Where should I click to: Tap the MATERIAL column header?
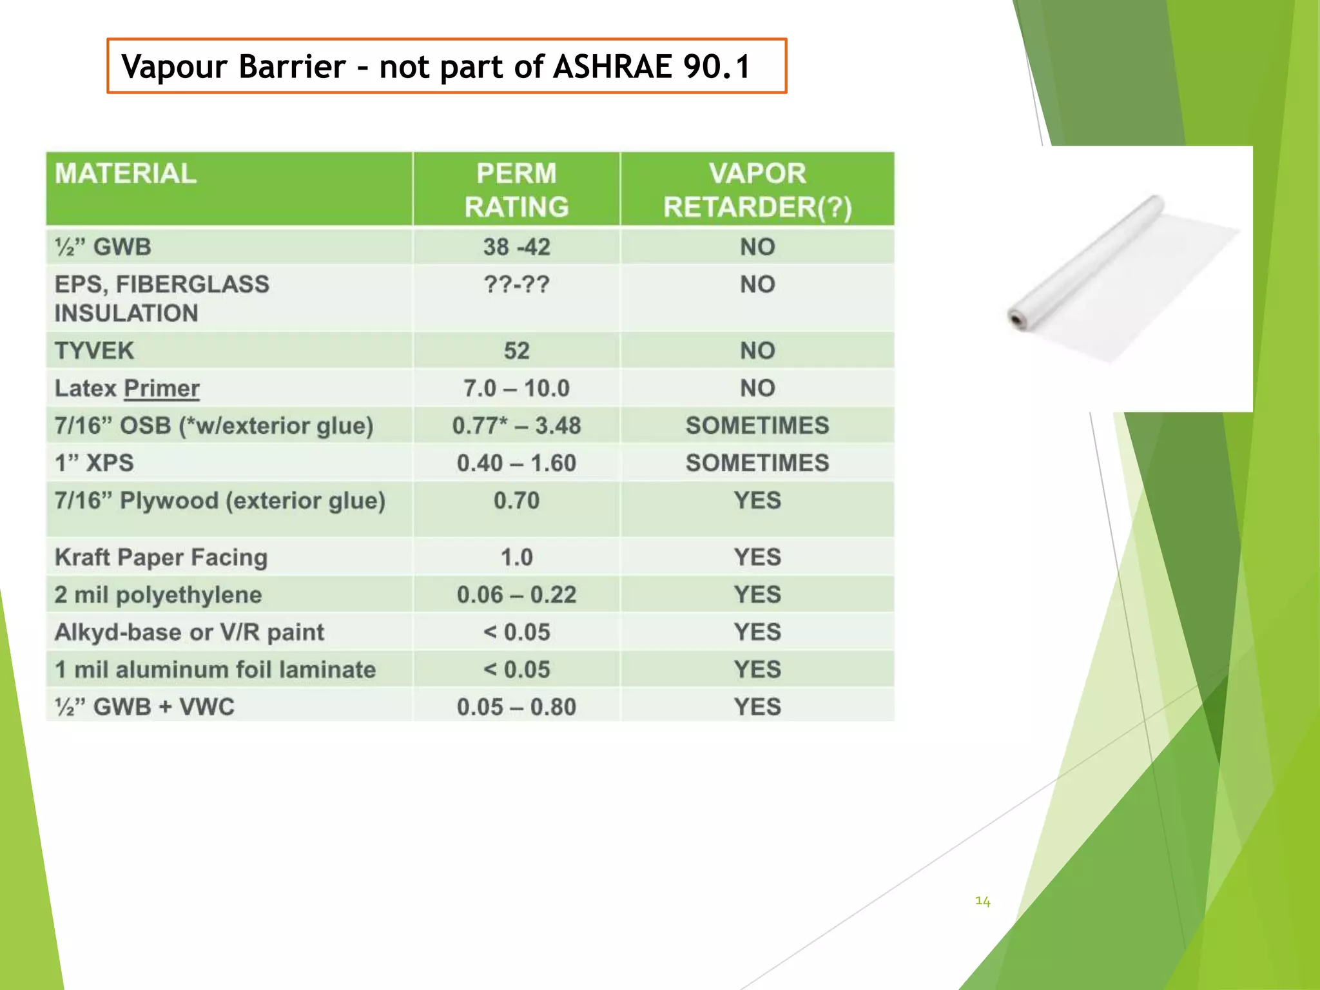(126, 174)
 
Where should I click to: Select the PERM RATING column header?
(516, 190)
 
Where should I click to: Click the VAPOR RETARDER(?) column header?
(757, 190)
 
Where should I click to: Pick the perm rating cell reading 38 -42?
(516, 247)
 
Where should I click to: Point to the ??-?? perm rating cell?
(516, 284)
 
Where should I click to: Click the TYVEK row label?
(94, 351)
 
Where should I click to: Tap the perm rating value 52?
(516, 351)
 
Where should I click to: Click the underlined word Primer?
(161, 388)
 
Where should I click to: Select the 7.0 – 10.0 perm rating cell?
(516, 388)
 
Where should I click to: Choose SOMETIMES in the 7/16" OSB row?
(757, 425)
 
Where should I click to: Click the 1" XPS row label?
(94, 463)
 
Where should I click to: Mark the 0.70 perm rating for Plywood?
(516, 501)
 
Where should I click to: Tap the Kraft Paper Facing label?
(161, 558)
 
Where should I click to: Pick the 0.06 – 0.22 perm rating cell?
(516, 595)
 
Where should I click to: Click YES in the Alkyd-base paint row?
(757, 632)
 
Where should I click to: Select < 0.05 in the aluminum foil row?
(516, 670)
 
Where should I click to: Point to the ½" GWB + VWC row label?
(144, 707)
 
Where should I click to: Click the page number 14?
(982, 901)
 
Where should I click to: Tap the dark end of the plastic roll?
(1017, 318)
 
